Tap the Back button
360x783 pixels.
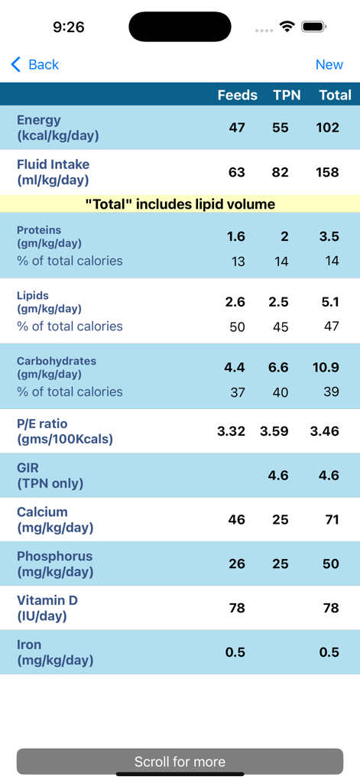pos(35,65)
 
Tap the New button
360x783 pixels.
pos(329,65)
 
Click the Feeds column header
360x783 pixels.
pos(237,95)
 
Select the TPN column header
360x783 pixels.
pos(287,95)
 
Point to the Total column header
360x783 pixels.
pos(335,95)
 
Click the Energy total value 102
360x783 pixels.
pos(327,127)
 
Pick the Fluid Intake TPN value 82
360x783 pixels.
pos(281,172)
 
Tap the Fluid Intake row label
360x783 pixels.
pos(53,172)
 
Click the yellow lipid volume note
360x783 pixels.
pos(180,204)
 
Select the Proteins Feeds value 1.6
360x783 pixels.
pos(235,236)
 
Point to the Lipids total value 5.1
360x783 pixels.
pos(329,302)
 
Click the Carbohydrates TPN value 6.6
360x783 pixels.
pos(278,367)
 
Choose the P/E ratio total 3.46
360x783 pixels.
pos(325,430)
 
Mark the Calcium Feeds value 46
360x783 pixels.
pos(236,519)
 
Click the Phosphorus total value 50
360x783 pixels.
pos(330,564)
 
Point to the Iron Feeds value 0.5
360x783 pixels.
pos(235,651)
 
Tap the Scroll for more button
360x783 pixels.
pos(180,762)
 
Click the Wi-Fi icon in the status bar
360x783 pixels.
pos(287,27)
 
